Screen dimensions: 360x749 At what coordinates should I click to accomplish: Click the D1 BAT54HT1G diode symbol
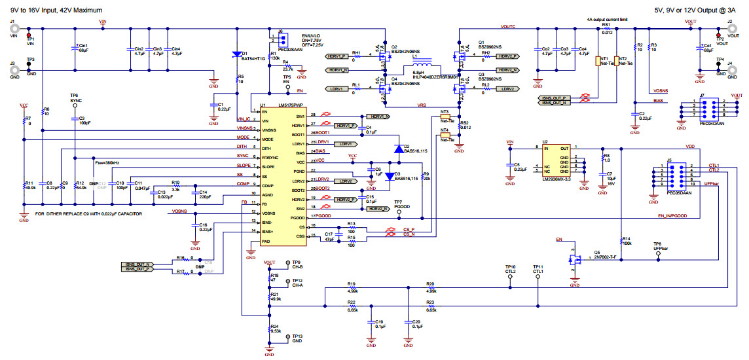coord(236,55)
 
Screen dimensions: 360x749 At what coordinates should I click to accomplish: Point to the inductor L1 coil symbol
coord(424,66)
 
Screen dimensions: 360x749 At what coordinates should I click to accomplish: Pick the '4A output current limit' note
coord(607,20)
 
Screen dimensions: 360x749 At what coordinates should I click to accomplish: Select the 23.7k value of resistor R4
coord(287,69)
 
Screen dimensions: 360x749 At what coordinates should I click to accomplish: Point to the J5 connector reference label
coord(668,160)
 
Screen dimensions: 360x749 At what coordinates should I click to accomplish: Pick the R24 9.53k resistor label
coord(274,329)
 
